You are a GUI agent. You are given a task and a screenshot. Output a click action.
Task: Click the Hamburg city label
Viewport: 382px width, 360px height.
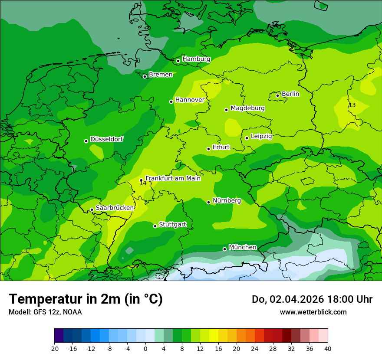coord(196,59)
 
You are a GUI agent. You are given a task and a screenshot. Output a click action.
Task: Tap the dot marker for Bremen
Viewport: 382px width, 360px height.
coord(145,76)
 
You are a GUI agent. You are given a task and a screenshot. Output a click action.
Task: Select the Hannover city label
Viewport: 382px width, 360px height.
coord(190,100)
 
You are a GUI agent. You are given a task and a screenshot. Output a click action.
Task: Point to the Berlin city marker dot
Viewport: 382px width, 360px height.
coord(278,95)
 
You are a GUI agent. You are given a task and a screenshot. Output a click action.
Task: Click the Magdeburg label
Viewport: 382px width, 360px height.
coord(247,108)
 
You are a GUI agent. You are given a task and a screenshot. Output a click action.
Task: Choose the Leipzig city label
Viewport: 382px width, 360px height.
coord(261,136)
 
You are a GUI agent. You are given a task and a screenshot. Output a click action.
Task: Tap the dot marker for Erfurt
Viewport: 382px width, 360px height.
coord(208,149)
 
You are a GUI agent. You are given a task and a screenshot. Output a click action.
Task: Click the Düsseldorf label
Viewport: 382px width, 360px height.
coord(106,139)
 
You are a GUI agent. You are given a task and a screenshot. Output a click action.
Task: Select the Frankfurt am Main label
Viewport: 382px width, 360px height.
coord(173,178)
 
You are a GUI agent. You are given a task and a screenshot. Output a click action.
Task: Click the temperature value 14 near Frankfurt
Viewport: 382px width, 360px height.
coord(143,183)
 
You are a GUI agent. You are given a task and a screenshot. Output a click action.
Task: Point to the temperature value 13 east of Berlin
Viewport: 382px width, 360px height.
coord(352,105)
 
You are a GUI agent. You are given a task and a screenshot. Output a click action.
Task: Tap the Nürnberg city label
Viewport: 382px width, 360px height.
coord(227,200)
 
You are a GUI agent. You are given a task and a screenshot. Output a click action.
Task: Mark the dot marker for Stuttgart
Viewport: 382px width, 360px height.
coord(155,226)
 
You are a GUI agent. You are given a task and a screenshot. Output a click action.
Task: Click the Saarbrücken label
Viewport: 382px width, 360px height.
coord(115,208)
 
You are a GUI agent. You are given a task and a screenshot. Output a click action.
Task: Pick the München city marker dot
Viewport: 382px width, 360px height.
coord(224,249)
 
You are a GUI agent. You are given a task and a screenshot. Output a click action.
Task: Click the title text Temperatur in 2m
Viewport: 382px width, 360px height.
coord(86,299)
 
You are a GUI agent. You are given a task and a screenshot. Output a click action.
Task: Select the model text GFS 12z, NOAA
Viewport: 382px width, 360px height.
coord(45,312)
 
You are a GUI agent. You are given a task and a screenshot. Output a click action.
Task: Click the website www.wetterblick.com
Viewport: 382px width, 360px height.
coord(313,312)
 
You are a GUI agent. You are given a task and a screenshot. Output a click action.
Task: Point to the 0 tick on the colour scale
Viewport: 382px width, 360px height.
coord(145,348)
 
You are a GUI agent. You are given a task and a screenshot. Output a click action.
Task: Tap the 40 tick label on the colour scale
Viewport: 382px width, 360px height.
coord(327,348)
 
